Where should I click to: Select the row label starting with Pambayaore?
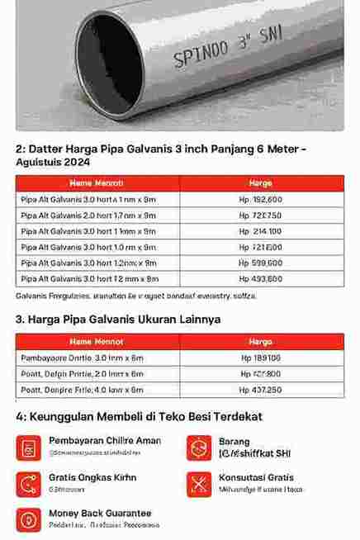[82, 358]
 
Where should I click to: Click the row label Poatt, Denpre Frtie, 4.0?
[82, 390]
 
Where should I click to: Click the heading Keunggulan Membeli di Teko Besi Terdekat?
[138, 417]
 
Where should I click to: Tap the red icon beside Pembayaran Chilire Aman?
[29, 447]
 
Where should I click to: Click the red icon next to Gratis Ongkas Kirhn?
[29, 484]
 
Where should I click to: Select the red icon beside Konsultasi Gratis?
[199, 484]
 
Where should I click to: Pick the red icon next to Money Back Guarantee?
[29, 519]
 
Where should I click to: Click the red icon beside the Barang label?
[199, 447]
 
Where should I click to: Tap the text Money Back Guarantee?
[100, 513]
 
